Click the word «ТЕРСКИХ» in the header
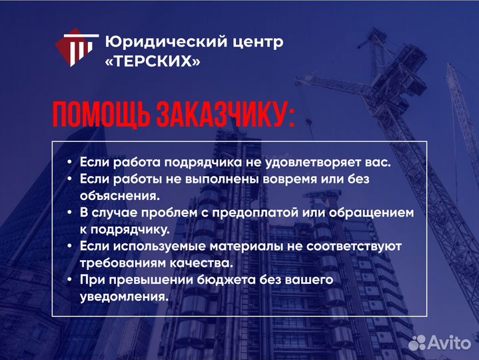click(153, 61)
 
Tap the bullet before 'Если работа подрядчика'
click(70, 163)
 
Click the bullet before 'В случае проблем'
click(70, 213)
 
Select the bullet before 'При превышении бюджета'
click(70, 280)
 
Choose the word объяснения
click(119, 196)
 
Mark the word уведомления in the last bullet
click(123, 297)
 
